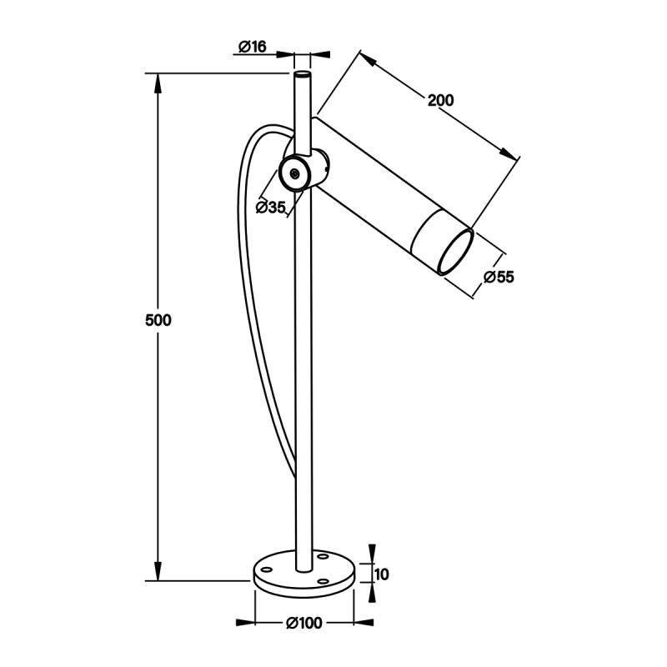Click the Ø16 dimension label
coord(253,47)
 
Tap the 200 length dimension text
coord(441,100)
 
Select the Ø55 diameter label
coord(499,277)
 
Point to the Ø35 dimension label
coord(270,208)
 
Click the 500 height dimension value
coord(158,320)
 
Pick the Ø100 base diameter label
coord(304,623)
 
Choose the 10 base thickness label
coord(382,574)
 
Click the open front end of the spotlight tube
coord(456,253)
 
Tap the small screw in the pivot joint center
coord(294,173)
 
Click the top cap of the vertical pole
coord(303,75)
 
